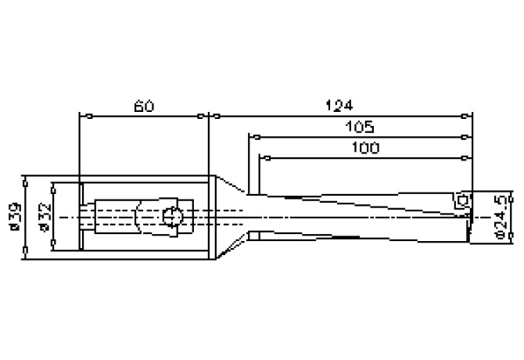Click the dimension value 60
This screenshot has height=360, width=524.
tap(143, 106)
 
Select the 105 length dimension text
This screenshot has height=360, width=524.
tap(359, 126)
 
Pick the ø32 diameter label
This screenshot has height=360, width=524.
tap(42, 217)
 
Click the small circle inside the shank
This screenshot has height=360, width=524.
tap(173, 216)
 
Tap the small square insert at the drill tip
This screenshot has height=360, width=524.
tap(461, 200)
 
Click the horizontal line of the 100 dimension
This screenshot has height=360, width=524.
tap(364, 158)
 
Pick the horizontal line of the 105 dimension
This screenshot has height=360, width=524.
tap(360, 137)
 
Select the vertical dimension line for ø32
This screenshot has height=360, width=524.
tap(53, 227)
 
